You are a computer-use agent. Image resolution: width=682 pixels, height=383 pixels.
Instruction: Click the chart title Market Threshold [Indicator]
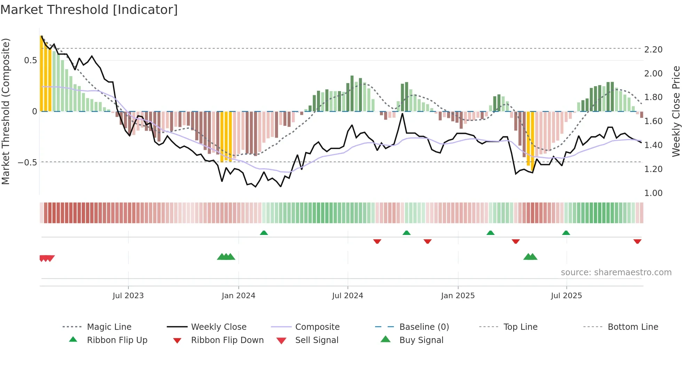point(89,10)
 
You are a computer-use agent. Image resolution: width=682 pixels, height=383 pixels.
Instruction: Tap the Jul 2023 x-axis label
point(128,296)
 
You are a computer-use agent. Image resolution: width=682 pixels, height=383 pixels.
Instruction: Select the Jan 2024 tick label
point(238,296)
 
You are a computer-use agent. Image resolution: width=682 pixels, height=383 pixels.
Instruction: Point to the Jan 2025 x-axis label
point(458,296)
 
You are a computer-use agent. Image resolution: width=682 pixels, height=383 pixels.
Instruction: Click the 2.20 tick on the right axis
point(653,50)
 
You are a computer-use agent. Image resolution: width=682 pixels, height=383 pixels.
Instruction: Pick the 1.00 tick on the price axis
point(653,193)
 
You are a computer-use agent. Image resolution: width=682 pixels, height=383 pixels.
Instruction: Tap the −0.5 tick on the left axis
point(27,163)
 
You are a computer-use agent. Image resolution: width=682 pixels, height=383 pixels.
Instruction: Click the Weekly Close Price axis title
point(676,111)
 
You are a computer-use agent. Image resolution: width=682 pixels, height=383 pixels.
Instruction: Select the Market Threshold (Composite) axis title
point(6,111)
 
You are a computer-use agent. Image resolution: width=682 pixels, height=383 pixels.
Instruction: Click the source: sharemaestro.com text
point(616,272)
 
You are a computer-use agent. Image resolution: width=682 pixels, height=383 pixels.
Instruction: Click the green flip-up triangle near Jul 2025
point(566,233)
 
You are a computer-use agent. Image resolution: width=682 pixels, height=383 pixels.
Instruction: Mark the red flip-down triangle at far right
point(637,241)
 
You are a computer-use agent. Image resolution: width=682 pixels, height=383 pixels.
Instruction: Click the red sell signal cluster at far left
point(47,258)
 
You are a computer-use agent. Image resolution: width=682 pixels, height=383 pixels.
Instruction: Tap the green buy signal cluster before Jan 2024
point(226,257)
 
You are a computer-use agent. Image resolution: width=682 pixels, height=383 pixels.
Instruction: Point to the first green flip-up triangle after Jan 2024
point(264,233)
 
